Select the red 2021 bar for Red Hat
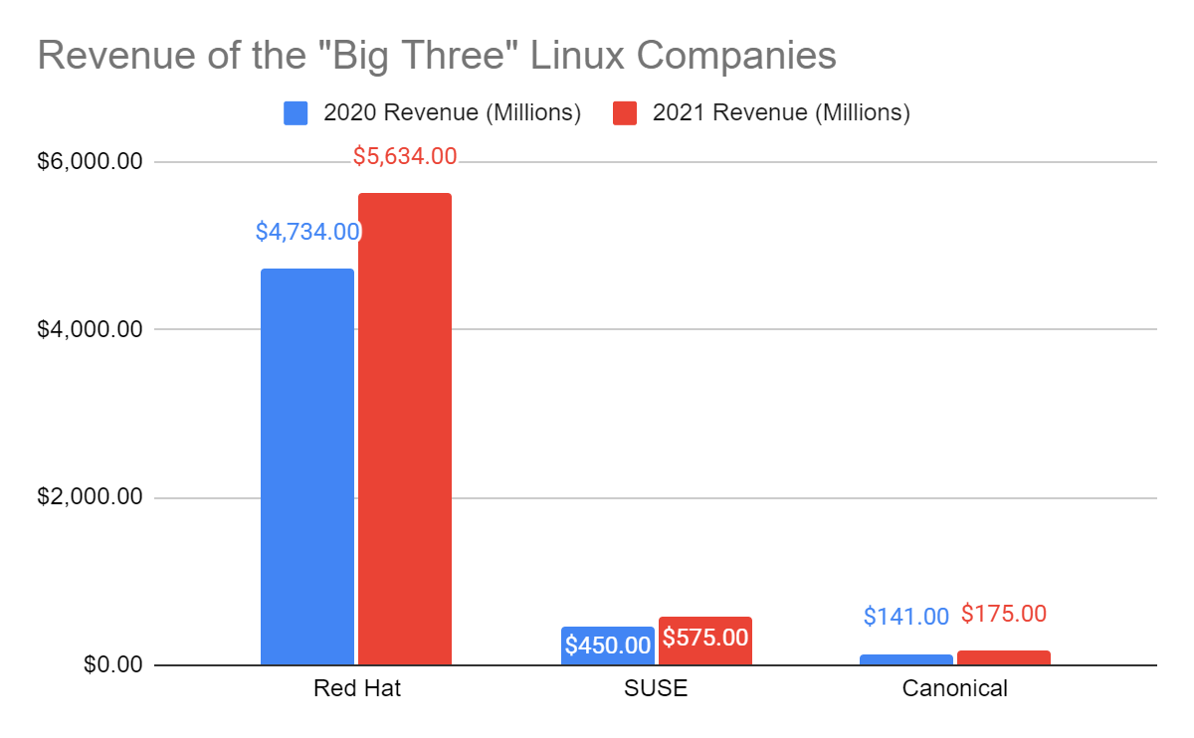[x=405, y=428]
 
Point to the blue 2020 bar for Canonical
[x=906, y=659]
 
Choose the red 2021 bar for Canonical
[x=1004, y=657]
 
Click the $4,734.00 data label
[x=307, y=232]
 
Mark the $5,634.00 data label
[x=405, y=156]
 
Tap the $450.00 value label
[x=607, y=645]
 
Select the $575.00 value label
[x=704, y=638]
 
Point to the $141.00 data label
[x=906, y=617]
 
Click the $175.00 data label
[x=1004, y=614]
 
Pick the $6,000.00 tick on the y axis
[x=91, y=161]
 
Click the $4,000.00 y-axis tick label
[x=91, y=329]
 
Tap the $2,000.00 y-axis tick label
[x=91, y=497]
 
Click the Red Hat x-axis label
[x=356, y=688]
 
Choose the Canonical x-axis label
[x=955, y=688]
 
